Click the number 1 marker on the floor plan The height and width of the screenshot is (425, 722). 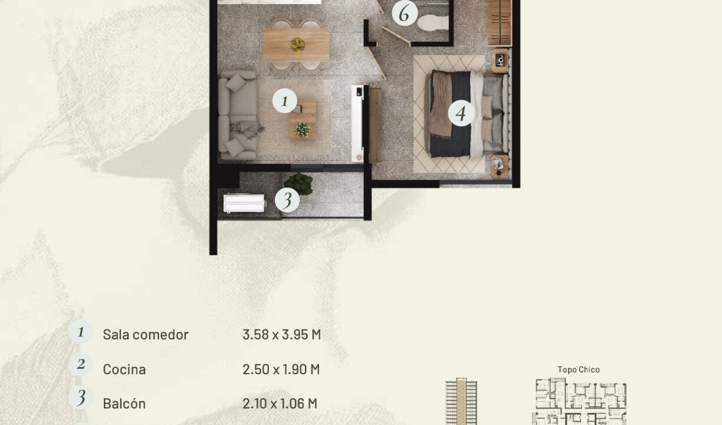tap(284, 101)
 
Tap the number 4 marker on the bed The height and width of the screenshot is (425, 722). tap(461, 113)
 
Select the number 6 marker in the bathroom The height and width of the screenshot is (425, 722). tap(405, 14)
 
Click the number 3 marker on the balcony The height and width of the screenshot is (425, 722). tap(287, 200)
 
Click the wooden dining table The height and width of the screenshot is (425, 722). tap(296, 44)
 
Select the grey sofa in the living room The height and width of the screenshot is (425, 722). tap(238, 115)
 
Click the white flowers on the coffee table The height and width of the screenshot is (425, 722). tap(302, 130)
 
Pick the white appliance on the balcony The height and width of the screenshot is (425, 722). tap(244, 203)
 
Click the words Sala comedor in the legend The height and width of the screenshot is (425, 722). tap(146, 334)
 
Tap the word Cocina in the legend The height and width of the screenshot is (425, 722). tap(124, 369)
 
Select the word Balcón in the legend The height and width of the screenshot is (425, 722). tap(124, 403)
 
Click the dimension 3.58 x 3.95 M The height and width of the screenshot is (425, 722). tap(282, 334)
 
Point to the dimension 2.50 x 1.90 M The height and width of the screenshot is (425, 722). tap(281, 369)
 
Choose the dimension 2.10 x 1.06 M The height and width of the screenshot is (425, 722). tap(280, 403)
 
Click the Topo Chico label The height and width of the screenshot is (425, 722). tap(579, 370)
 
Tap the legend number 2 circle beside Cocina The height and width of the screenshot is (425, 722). tap(81, 364)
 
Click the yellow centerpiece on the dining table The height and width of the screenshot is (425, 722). tap(297, 45)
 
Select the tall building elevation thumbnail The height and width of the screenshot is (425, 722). tap(461, 401)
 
